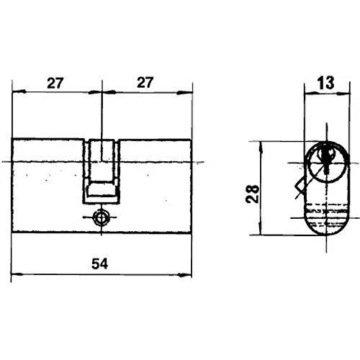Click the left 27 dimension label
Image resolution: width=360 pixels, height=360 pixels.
click(x=55, y=83)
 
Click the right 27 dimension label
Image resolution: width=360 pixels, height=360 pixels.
click(x=145, y=83)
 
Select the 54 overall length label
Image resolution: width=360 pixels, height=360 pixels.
click(x=100, y=264)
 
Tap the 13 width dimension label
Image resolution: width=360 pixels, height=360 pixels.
click(x=326, y=83)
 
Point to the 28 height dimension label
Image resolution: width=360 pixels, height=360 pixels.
click(x=253, y=194)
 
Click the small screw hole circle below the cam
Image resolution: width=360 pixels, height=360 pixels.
click(x=102, y=217)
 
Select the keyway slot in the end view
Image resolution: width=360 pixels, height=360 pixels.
click(x=326, y=160)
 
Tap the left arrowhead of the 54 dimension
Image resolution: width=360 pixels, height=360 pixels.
click(x=17, y=274)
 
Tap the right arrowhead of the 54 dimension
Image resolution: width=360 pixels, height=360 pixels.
click(x=186, y=275)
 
